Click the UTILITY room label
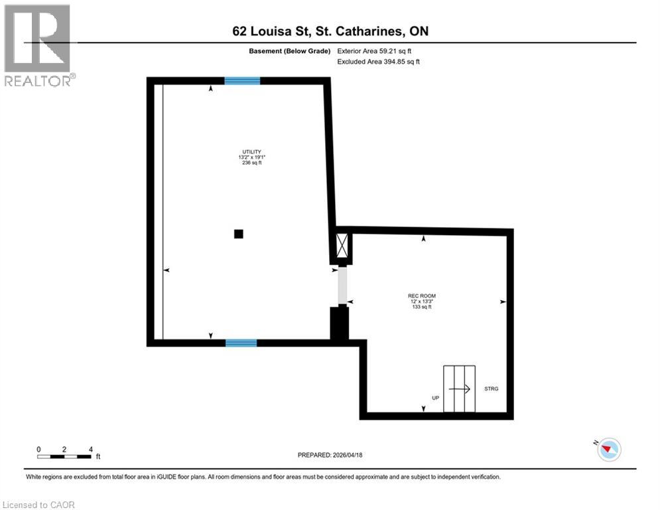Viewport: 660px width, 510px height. pos(250,151)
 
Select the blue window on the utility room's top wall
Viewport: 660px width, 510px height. pos(242,81)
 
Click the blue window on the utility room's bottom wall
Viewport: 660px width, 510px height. pos(241,343)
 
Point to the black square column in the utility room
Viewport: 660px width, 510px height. pos(239,234)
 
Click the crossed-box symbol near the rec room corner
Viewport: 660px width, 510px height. pos(342,246)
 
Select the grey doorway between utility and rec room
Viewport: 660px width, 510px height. pos(342,286)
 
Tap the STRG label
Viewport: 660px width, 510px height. pos(491,388)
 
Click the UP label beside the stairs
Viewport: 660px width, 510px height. pos(436,398)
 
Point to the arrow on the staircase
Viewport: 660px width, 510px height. pos(460,389)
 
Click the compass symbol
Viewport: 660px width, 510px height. pos(608,450)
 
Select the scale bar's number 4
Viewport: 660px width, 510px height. pos(90,449)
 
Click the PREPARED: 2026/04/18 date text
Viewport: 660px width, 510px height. pos(330,455)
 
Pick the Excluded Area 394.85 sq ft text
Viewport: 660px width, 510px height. pos(379,62)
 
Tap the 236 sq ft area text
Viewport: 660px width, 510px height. pos(250,163)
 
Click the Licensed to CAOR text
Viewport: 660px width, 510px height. pos(39,505)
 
